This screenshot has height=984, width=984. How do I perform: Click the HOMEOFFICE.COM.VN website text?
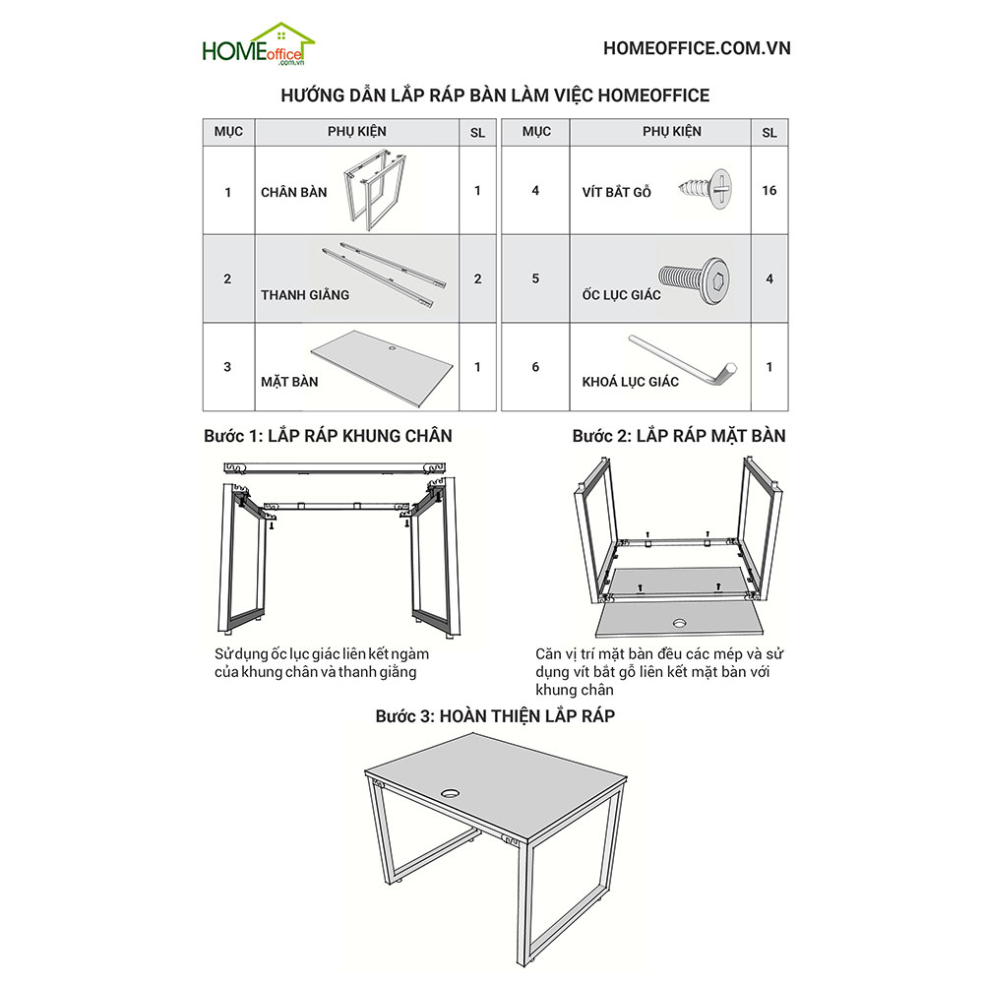(696, 48)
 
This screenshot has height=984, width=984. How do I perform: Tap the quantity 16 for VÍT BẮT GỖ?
(769, 190)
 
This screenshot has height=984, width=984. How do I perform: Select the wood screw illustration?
(707, 188)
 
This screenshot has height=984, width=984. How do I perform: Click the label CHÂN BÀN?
(293, 193)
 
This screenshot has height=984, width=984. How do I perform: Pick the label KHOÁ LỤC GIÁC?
(629, 382)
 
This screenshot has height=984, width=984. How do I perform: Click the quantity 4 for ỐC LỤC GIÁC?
(769, 278)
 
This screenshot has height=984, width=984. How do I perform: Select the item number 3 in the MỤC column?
(227, 367)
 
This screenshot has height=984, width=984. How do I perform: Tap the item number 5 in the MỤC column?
(535, 278)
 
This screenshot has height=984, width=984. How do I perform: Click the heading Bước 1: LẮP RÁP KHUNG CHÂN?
(328, 435)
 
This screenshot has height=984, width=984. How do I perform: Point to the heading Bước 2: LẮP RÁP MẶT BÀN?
(679, 435)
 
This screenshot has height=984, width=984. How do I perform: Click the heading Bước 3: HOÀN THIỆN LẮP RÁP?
(495, 716)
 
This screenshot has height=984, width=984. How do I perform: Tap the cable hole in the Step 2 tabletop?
(680, 623)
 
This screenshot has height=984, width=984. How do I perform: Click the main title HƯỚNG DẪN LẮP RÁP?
(495, 95)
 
